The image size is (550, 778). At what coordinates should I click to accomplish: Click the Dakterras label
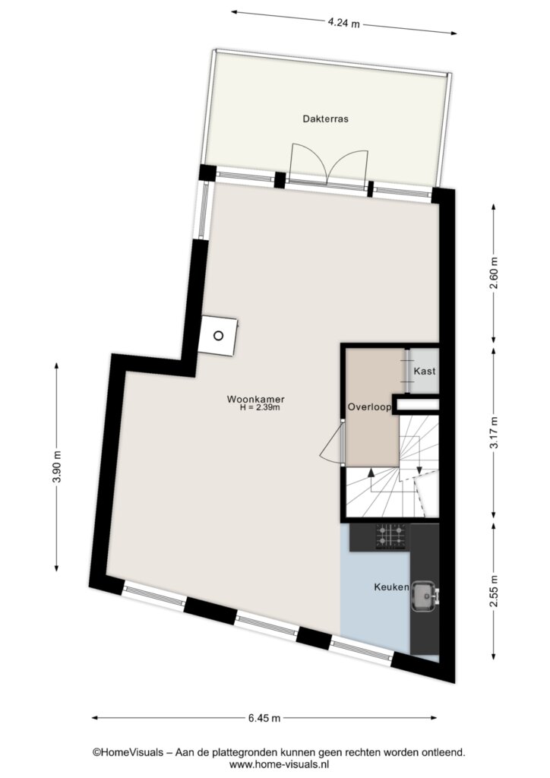pos(325,119)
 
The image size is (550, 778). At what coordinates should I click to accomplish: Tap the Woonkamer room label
pos(255,399)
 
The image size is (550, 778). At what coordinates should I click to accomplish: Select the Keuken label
pos(391,587)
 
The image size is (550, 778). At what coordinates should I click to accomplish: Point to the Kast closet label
pos(425,371)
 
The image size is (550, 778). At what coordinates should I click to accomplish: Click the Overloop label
pos(369,407)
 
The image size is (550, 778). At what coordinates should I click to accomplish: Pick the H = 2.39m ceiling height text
pos(260,408)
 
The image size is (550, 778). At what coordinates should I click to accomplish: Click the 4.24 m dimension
pos(343,23)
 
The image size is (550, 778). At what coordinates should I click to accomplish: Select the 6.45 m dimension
pos(264,718)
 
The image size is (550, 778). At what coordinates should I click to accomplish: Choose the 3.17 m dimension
pos(494,432)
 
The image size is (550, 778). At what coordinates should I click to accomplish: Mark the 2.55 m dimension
pos(494,590)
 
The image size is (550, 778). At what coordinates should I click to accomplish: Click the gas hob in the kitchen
pos(390,536)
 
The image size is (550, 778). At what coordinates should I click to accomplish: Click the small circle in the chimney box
pos(218,336)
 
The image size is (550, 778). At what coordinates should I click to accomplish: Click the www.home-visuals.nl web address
pos(279,765)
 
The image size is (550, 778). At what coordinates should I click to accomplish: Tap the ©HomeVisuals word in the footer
pos(128,753)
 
